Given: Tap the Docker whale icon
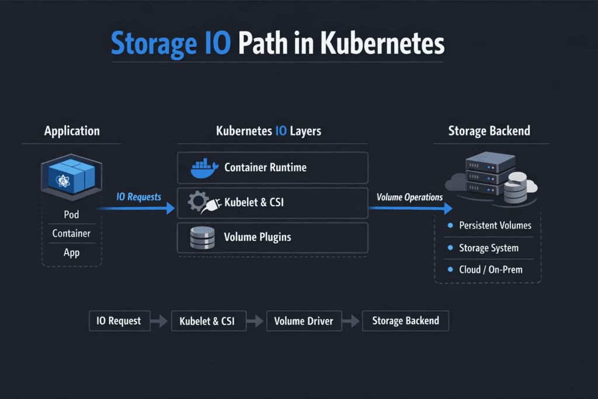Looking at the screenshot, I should pyautogui.click(x=204, y=168).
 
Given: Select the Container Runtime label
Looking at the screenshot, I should pyautogui.click(x=265, y=168).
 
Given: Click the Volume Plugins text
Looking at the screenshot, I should pyautogui.click(x=258, y=237).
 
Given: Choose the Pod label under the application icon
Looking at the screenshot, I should pyautogui.click(x=71, y=214).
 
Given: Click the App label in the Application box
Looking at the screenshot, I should pyautogui.click(x=71, y=253).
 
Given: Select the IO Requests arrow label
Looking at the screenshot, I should pyautogui.click(x=138, y=197).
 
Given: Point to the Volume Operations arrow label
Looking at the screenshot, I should pyautogui.click(x=409, y=197).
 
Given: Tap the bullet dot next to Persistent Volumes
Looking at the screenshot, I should pyautogui.click(x=450, y=225).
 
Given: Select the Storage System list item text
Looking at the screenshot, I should pyautogui.click(x=488, y=248).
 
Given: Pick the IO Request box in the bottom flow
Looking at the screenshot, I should pyautogui.click(x=119, y=321).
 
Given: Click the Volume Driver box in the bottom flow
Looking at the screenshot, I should pyautogui.click(x=304, y=321).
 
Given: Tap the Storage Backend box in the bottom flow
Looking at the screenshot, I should pyautogui.click(x=405, y=321).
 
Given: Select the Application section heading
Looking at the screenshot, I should pyautogui.click(x=72, y=131).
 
